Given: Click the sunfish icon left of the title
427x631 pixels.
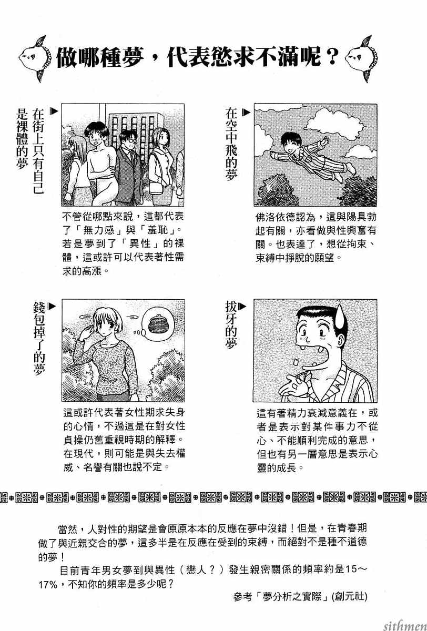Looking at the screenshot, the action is point(35,58).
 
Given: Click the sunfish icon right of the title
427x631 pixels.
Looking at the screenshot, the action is point(361,58).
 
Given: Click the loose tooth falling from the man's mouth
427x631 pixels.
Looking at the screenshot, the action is point(296,361).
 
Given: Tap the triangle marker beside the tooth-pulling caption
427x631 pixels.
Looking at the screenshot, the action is point(243,306).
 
